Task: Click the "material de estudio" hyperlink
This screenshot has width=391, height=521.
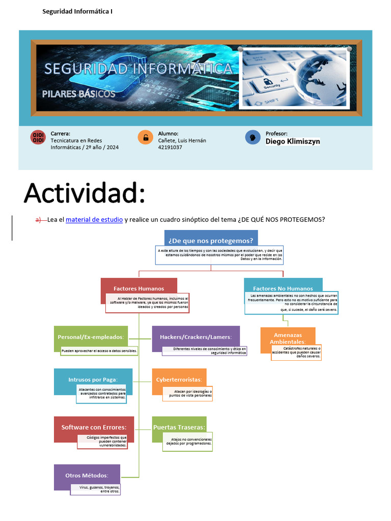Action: point(94,220)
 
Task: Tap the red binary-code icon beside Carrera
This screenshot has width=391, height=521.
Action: point(38,137)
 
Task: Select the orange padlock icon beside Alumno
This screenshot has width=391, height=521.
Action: point(145,137)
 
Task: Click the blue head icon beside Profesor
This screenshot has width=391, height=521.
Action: point(253,137)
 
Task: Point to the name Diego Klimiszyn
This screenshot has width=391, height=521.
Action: point(293,141)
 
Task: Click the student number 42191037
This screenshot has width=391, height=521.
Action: point(170,148)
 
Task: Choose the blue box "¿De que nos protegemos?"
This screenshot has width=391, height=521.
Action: point(211,240)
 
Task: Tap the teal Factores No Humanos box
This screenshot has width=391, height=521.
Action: point(283,288)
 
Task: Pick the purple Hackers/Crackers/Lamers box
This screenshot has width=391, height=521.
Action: point(195,337)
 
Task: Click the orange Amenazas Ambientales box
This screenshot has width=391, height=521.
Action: point(288,338)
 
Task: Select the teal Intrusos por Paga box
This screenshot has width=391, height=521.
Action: point(93,380)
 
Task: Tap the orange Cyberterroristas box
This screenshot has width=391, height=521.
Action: point(179,380)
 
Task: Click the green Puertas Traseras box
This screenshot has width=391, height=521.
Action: point(179,427)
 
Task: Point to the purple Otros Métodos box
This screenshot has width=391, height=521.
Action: point(87,475)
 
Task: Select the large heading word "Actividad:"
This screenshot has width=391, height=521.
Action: point(85,193)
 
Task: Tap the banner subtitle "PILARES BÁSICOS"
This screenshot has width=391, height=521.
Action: point(78,94)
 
